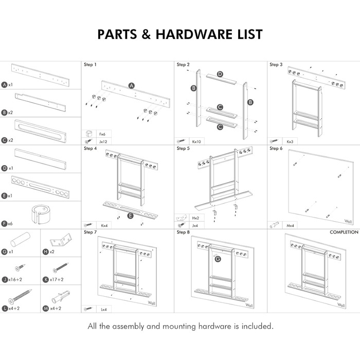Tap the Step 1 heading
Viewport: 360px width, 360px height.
pyautogui.click(x=89, y=65)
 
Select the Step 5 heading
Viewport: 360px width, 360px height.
pyautogui.click(x=183, y=148)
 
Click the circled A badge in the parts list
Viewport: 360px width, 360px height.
pyautogui.click(x=5, y=84)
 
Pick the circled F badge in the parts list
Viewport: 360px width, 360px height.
pyautogui.click(x=5, y=224)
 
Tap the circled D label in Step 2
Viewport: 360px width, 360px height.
pyautogui.click(x=220, y=75)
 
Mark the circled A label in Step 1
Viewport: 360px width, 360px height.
pyautogui.click(x=131, y=85)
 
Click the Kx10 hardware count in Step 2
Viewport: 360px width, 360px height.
pyautogui.click(x=196, y=140)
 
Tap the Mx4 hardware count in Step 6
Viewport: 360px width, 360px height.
pyautogui.click(x=290, y=225)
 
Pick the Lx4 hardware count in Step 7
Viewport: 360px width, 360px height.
pyautogui.click(x=104, y=309)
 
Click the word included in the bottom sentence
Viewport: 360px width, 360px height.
pyautogui.click(x=252, y=326)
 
